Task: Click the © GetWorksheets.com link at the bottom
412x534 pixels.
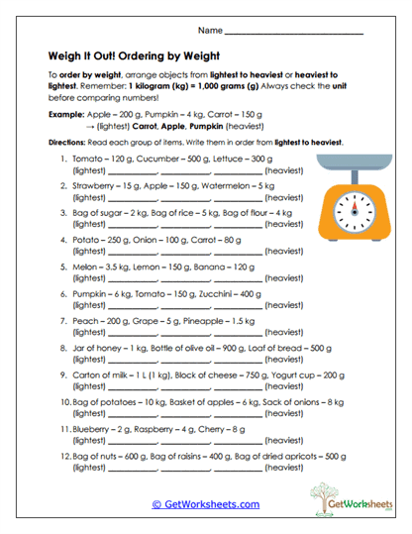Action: pyautogui.click(x=205, y=503)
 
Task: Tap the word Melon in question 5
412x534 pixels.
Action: pyautogui.click(x=86, y=267)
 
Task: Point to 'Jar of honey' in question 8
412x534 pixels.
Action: pyautogui.click(x=99, y=348)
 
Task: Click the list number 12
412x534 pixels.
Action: pyautogui.click(x=65, y=456)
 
